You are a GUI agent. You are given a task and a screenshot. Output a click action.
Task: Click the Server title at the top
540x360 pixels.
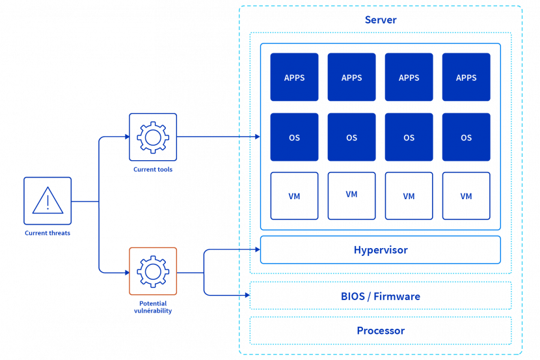[x=380, y=20]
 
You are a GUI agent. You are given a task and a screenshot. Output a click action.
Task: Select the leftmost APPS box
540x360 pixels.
[x=294, y=77]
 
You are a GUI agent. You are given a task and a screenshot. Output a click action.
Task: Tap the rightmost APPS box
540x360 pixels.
[x=466, y=77]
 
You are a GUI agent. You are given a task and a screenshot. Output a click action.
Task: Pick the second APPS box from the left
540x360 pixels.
[x=351, y=77]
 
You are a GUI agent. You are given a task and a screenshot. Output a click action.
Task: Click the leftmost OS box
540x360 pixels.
[x=294, y=137]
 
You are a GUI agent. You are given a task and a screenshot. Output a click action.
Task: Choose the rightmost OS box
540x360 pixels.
[x=466, y=137]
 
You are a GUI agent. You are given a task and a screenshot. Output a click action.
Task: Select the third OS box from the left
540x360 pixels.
[x=409, y=137]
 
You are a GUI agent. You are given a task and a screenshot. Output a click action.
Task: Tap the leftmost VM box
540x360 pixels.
[x=294, y=195]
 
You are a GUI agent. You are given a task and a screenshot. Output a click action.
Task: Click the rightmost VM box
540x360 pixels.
[x=466, y=195]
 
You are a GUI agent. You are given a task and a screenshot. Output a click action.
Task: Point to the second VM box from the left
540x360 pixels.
[x=351, y=195]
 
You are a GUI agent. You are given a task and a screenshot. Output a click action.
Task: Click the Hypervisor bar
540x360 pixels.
[x=381, y=250]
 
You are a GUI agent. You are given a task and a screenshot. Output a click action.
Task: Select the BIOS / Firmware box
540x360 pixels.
[x=381, y=296]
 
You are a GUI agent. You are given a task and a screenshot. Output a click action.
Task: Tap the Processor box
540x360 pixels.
[x=381, y=331]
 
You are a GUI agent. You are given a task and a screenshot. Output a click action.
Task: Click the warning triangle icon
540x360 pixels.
[x=47, y=201]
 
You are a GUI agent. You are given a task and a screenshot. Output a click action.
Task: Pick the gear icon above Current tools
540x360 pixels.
[x=153, y=137]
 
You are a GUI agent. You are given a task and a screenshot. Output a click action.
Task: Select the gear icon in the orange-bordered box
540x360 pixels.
[x=153, y=271]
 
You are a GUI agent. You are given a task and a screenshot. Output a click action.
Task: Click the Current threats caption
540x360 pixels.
[x=47, y=233]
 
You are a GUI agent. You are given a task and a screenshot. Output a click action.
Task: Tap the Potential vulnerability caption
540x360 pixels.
[x=153, y=307]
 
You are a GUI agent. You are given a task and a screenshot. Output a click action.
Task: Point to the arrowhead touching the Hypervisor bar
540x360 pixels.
[x=256, y=249]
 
